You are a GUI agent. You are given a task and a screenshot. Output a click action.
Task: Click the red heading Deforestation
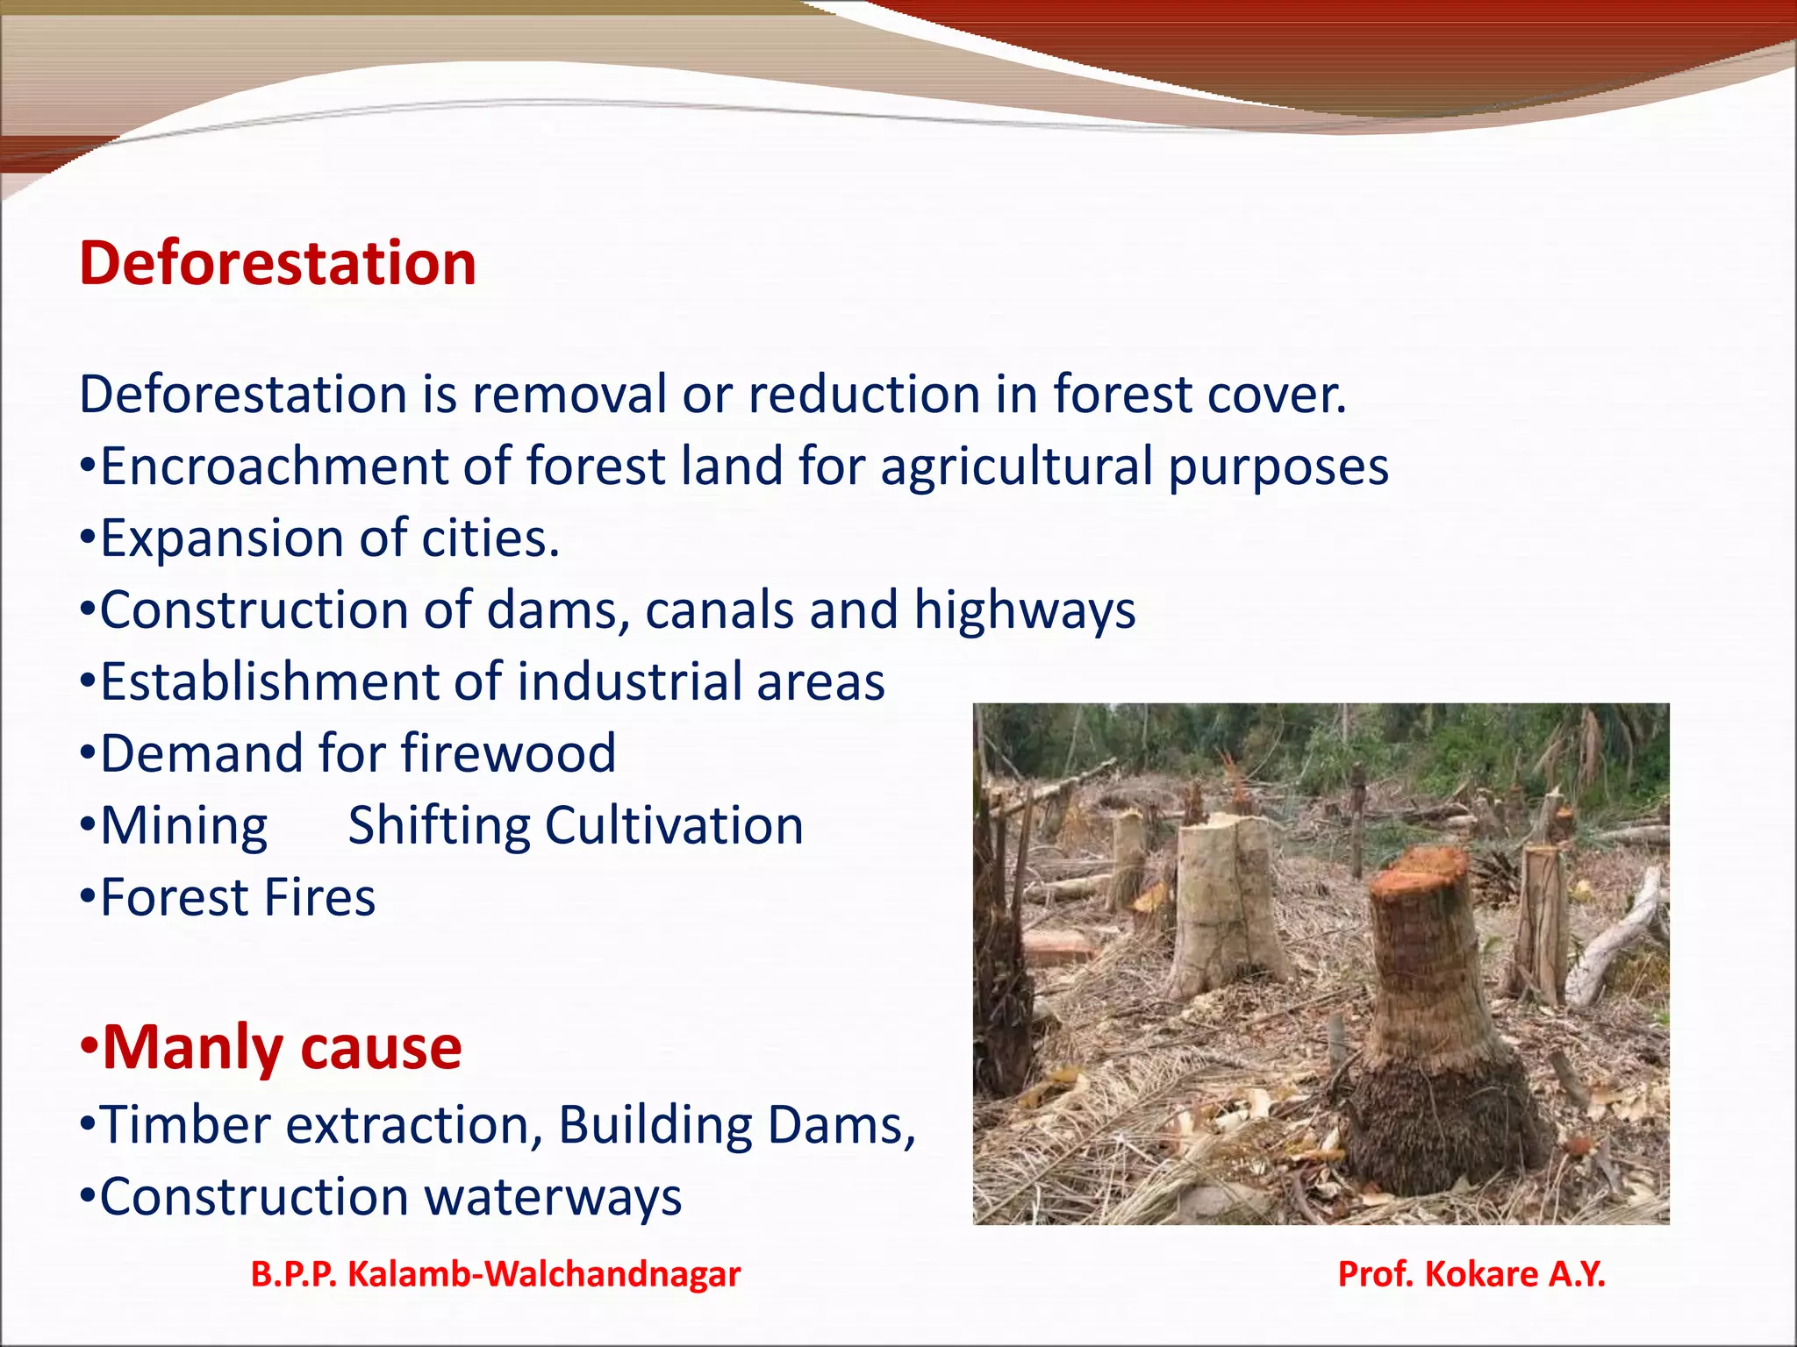click(277, 263)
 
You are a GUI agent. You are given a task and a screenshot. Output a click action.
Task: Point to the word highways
click(1024, 611)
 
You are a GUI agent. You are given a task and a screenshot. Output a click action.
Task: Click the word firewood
click(508, 753)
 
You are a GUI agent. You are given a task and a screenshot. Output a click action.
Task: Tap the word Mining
click(183, 826)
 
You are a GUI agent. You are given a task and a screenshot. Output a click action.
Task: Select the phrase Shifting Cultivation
click(576, 826)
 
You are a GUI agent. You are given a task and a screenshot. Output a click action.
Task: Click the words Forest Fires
click(238, 897)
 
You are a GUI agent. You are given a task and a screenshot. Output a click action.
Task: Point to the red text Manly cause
click(282, 1047)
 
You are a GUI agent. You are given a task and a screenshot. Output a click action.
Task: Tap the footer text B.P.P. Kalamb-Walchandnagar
click(496, 1273)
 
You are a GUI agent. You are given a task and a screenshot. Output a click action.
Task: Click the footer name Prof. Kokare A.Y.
click(1471, 1273)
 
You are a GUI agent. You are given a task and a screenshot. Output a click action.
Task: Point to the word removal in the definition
click(569, 394)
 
